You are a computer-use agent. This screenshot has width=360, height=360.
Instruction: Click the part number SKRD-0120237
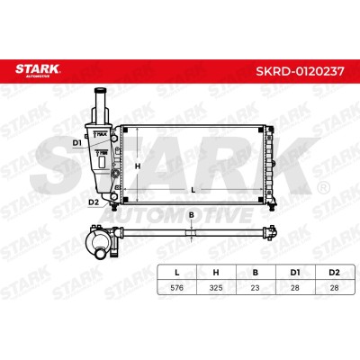[x=300, y=71]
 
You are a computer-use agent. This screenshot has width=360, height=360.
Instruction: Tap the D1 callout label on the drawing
[x=77, y=143]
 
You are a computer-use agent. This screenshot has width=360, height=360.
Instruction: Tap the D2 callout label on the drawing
[x=94, y=202]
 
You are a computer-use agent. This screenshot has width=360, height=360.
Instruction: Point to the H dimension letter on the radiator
[x=138, y=166]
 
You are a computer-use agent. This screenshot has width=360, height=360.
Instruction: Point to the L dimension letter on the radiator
[x=193, y=190]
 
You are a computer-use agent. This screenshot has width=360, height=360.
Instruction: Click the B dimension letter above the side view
[x=192, y=215]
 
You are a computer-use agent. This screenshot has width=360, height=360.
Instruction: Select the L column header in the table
[x=177, y=273]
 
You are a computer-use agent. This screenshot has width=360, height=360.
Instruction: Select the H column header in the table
[x=216, y=273]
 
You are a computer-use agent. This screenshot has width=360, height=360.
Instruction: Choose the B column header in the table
[x=256, y=273]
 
